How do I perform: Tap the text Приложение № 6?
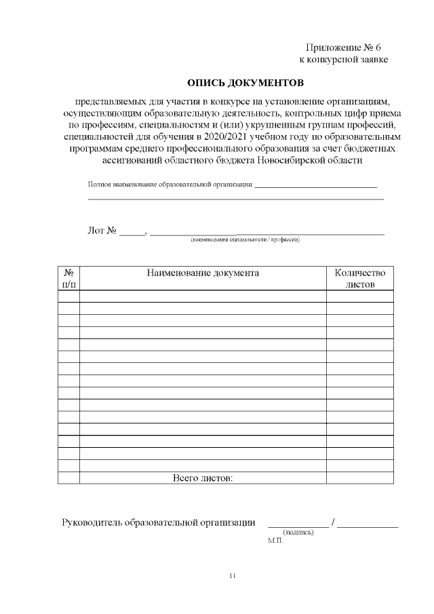344,48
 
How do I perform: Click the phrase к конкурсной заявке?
344,60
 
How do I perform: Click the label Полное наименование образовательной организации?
170,185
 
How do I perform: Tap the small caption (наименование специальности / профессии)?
245,239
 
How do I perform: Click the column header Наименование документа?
203,273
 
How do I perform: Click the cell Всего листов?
203,478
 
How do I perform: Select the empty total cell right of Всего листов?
360,478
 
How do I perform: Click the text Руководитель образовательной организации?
159,522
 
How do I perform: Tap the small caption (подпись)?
298,533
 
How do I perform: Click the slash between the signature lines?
333,522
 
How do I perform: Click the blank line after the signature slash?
368,525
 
